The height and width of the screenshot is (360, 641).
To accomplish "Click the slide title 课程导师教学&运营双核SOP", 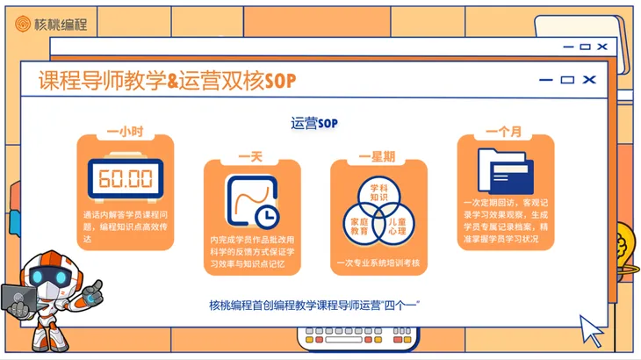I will (167, 81).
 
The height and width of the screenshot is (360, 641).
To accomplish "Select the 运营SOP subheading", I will (314, 123).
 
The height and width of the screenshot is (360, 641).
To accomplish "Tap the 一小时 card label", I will (125, 133).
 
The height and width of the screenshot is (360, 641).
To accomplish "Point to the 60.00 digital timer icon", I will (126, 178).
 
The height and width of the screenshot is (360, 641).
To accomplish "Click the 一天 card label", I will (251, 156).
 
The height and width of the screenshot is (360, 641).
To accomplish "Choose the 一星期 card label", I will (377, 156).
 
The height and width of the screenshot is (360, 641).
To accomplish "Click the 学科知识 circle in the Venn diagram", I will (378, 192).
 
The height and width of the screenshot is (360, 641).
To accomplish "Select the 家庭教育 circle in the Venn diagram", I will (359, 224).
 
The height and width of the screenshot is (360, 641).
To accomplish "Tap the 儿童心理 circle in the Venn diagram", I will (397, 224).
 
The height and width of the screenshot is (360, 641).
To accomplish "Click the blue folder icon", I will (505, 171).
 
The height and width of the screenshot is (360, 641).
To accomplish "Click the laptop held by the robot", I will (18, 301).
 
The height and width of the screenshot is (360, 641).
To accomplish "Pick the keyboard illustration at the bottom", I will (355, 338).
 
